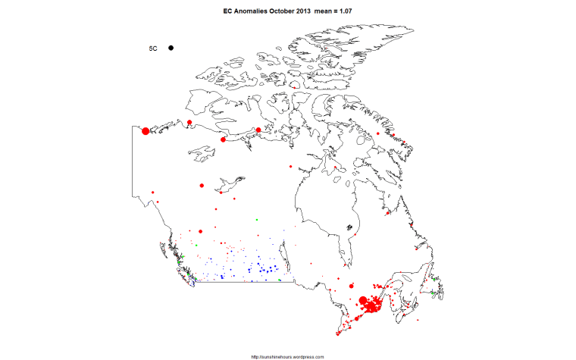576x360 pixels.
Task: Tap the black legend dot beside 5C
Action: click(171, 48)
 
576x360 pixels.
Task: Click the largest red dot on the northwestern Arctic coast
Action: click(146, 131)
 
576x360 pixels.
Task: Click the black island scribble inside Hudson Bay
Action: click(349, 227)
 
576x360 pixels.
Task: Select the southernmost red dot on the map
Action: click(338, 334)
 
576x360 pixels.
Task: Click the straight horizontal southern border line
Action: click(243, 281)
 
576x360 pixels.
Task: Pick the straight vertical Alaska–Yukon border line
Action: click(133, 163)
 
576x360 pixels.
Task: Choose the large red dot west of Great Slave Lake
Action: click(202, 184)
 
